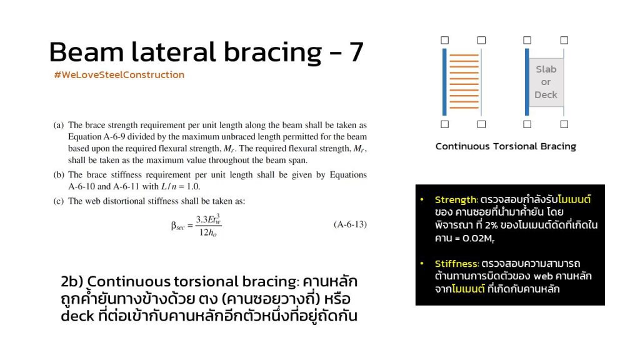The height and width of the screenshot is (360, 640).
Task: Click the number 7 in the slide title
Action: [x=356, y=52]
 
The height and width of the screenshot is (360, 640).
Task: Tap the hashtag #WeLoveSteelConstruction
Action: [x=119, y=75]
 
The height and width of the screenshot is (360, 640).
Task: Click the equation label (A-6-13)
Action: [x=350, y=224]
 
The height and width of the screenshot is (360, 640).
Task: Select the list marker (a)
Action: [x=58, y=125]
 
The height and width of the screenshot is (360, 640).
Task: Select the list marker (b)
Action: [x=59, y=175]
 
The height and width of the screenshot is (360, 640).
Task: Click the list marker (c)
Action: [x=58, y=201]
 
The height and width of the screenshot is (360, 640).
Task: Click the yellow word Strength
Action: [x=456, y=199]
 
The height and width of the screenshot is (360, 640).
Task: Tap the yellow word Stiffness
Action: [x=456, y=263]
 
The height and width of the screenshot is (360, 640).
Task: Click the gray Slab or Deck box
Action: [x=546, y=82]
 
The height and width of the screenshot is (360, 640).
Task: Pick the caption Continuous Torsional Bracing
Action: [x=506, y=146]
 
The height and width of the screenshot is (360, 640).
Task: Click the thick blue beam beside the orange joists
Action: [x=444, y=82]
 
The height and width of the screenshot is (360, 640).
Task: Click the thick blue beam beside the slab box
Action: [x=527, y=82]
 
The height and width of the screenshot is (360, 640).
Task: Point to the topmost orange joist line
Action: [x=464, y=55]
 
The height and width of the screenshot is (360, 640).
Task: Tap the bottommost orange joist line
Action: [x=464, y=107]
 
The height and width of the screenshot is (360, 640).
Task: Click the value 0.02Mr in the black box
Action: [x=478, y=238]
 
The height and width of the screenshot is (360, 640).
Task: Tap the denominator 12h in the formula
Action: [x=207, y=233]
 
